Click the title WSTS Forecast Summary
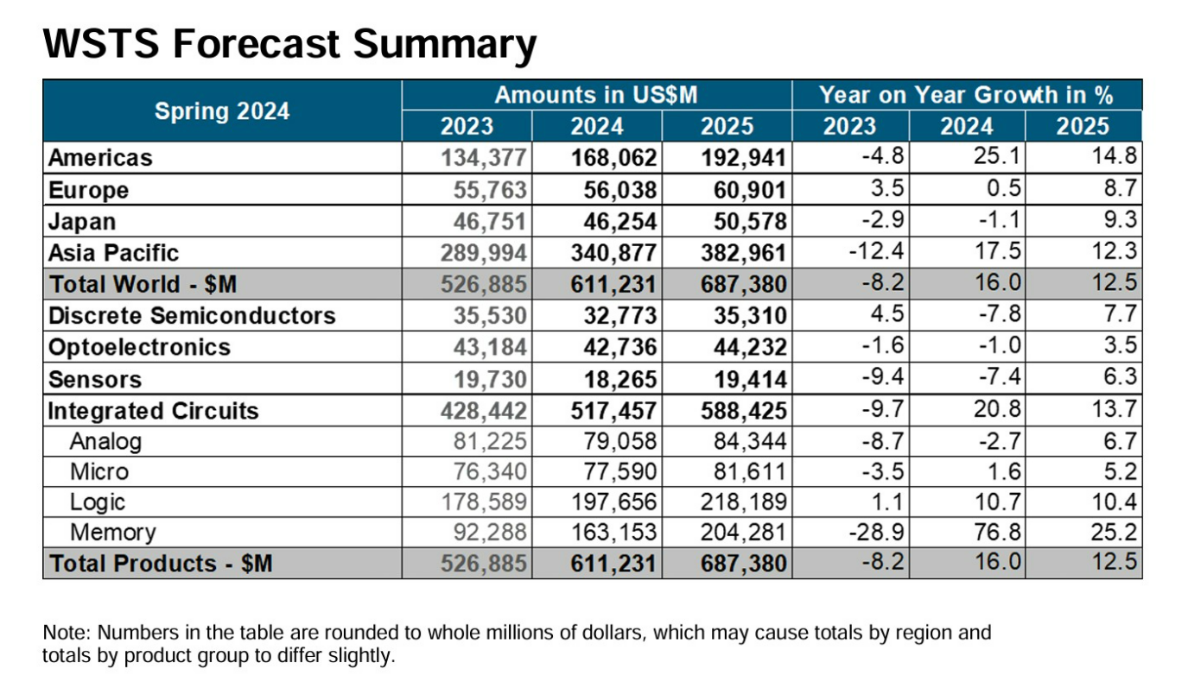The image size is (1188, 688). [x=289, y=43]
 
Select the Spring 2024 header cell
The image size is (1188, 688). [x=222, y=111]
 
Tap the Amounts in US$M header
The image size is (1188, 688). [x=595, y=95]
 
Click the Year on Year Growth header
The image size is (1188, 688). [x=966, y=95]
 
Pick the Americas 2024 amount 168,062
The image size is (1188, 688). [x=614, y=158]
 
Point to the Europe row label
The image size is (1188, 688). [x=89, y=190]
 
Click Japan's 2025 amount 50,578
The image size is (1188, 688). [x=744, y=222]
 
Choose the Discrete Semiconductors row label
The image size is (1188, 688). [x=192, y=316]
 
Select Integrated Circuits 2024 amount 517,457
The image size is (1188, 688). [x=614, y=410]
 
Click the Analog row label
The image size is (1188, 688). [x=105, y=442]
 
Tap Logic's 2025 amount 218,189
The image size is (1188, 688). [x=744, y=502]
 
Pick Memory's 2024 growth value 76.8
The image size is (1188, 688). [x=998, y=533]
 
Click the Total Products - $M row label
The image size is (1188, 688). [x=161, y=564]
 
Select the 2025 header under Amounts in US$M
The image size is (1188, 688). [x=726, y=127]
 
